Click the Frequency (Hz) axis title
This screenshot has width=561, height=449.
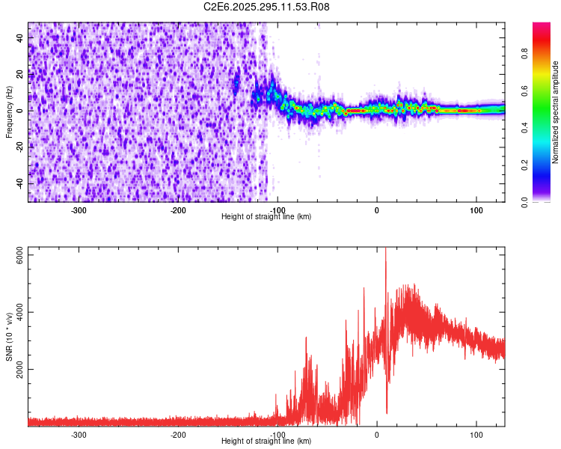pos(8,112)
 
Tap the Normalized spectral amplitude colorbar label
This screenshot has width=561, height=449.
pos(556,112)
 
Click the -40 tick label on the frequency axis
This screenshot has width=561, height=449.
pos(17,183)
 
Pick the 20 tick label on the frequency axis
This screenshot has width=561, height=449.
pos(19,73)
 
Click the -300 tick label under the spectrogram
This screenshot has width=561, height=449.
pos(79,210)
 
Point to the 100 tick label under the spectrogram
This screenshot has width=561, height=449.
pos(476,210)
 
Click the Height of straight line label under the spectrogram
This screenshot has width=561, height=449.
pos(266,216)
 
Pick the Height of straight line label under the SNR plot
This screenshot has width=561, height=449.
pos(266,441)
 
